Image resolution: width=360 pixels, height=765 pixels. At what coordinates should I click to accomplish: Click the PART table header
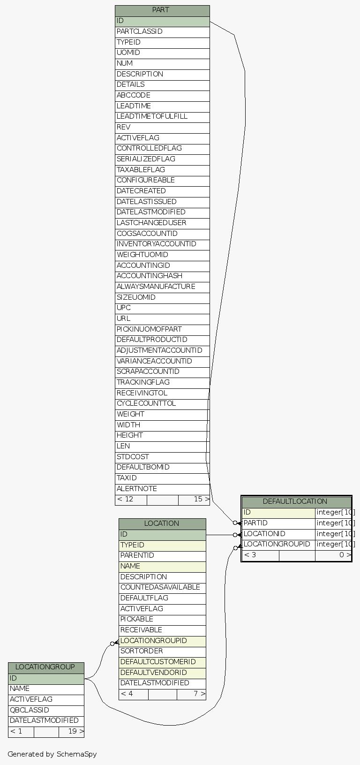162,10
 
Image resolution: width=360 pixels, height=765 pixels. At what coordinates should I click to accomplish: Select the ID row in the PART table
162,21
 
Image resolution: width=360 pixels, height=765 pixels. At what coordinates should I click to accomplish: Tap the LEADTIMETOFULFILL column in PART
162,116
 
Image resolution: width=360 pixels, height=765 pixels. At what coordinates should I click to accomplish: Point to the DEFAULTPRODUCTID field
162,340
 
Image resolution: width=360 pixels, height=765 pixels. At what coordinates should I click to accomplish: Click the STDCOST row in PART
162,457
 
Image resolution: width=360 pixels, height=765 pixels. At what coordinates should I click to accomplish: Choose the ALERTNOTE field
162,489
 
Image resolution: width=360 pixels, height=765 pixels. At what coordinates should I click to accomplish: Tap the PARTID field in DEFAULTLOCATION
278,523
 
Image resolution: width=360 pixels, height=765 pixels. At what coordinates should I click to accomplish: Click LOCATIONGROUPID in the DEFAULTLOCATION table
278,544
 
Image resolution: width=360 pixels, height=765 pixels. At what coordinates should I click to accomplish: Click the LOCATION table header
162,523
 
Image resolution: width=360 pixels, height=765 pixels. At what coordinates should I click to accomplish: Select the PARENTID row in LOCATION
162,555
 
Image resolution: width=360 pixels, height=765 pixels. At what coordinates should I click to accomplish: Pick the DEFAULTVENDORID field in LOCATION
162,673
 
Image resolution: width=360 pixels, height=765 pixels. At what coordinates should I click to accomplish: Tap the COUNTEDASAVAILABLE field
162,587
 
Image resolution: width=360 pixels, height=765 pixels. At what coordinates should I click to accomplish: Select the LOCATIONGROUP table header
45,667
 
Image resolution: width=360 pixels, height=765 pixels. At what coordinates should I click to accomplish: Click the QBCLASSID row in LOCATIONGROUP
45,710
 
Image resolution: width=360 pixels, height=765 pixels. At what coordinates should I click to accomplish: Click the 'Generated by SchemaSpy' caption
52,754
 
